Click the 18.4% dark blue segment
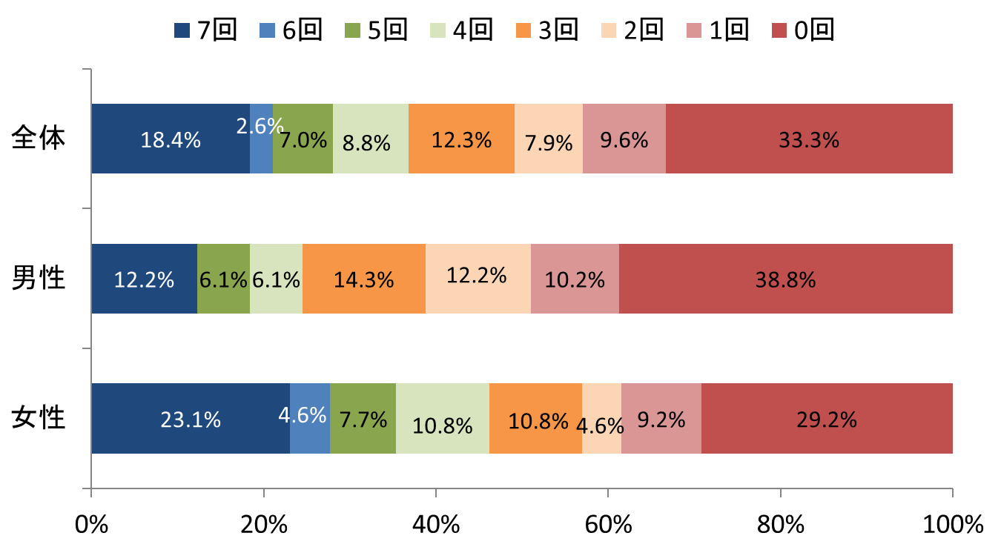pyautogui.click(x=171, y=139)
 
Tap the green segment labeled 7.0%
pyautogui.click(x=303, y=139)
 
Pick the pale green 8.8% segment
pyautogui.click(x=371, y=139)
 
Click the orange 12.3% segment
pyautogui.click(x=461, y=139)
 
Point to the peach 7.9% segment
pyautogui.click(x=549, y=139)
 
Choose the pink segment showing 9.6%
pyautogui.click(x=624, y=139)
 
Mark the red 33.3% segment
pyautogui.click(x=809, y=139)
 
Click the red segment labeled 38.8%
pyautogui.click(x=786, y=279)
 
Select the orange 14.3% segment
pyautogui.click(x=364, y=279)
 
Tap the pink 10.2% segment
pyautogui.click(x=575, y=279)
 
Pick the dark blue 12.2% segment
pyautogui.click(x=144, y=279)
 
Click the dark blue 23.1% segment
pyautogui.click(x=191, y=418)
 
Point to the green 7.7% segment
pyautogui.click(x=363, y=418)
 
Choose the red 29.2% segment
pyautogui.click(x=827, y=418)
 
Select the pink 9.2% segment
pyautogui.click(x=661, y=418)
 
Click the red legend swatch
pyautogui.click(x=779, y=30)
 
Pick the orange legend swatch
pyautogui.click(x=523, y=30)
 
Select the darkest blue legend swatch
pyautogui.click(x=182, y=30)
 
